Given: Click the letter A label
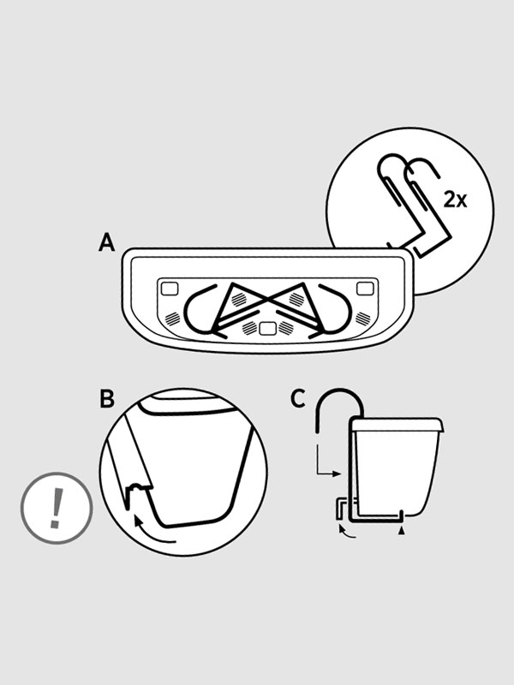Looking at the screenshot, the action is pos(106,242).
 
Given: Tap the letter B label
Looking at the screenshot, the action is pos(107,398).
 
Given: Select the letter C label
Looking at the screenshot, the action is pos(298,398).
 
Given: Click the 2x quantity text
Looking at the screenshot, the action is pos(455,200).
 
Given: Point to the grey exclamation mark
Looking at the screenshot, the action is pos(56,508).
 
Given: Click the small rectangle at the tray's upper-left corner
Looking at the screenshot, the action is pos(170,289).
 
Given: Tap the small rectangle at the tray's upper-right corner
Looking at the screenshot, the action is pos(365,289).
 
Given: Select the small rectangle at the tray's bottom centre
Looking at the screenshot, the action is pos(267,329).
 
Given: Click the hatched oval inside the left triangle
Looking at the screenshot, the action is pos(239,299).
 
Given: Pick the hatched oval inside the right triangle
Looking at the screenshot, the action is pos(296,299).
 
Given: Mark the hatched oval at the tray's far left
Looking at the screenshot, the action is pos(172,319).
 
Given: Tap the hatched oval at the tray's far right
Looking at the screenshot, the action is pos(362,319).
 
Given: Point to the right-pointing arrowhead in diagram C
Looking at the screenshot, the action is pos(336,474).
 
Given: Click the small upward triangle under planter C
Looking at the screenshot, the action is pos(402,530).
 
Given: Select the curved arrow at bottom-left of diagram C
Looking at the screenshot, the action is pos(346,532).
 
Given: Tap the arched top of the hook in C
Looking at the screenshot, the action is pos(340,390).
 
